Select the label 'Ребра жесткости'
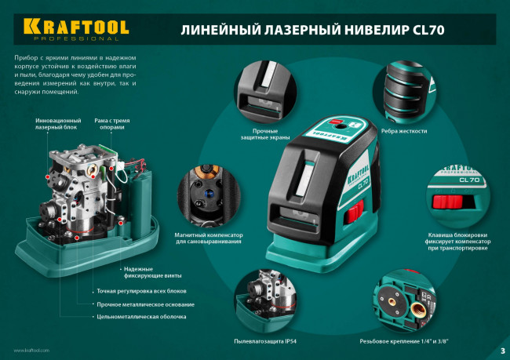(404, 131)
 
